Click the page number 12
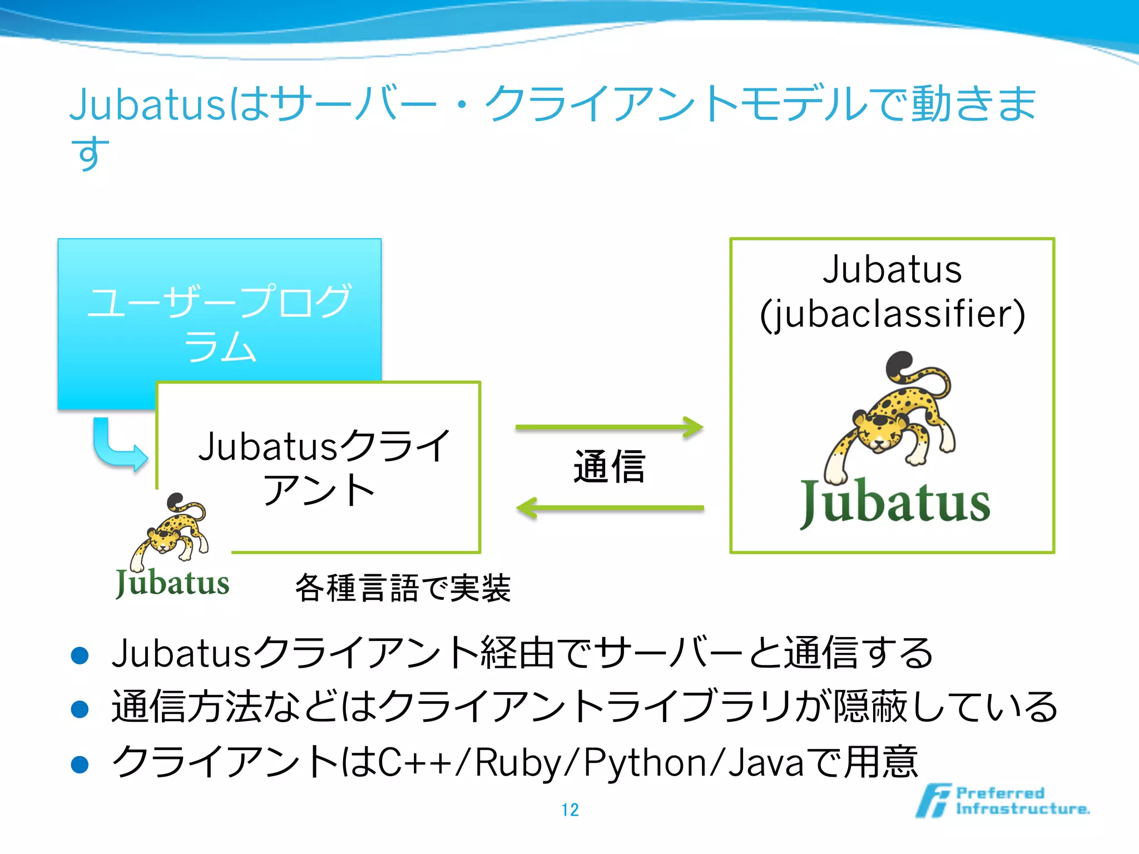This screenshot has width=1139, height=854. click(570, 810)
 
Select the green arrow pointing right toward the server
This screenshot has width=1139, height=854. click(610, 428)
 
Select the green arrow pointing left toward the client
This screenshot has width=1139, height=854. click(610, 508)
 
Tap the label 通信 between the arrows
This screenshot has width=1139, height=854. click(610, 467)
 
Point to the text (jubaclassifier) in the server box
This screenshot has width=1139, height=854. click(892, 315)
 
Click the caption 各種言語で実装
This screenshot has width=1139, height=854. click(403, 588)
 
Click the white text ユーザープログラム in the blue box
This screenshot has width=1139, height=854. click(220, 323)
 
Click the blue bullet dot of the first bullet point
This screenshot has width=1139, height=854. click(80, 656)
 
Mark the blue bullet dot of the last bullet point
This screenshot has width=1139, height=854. click(80, 764)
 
